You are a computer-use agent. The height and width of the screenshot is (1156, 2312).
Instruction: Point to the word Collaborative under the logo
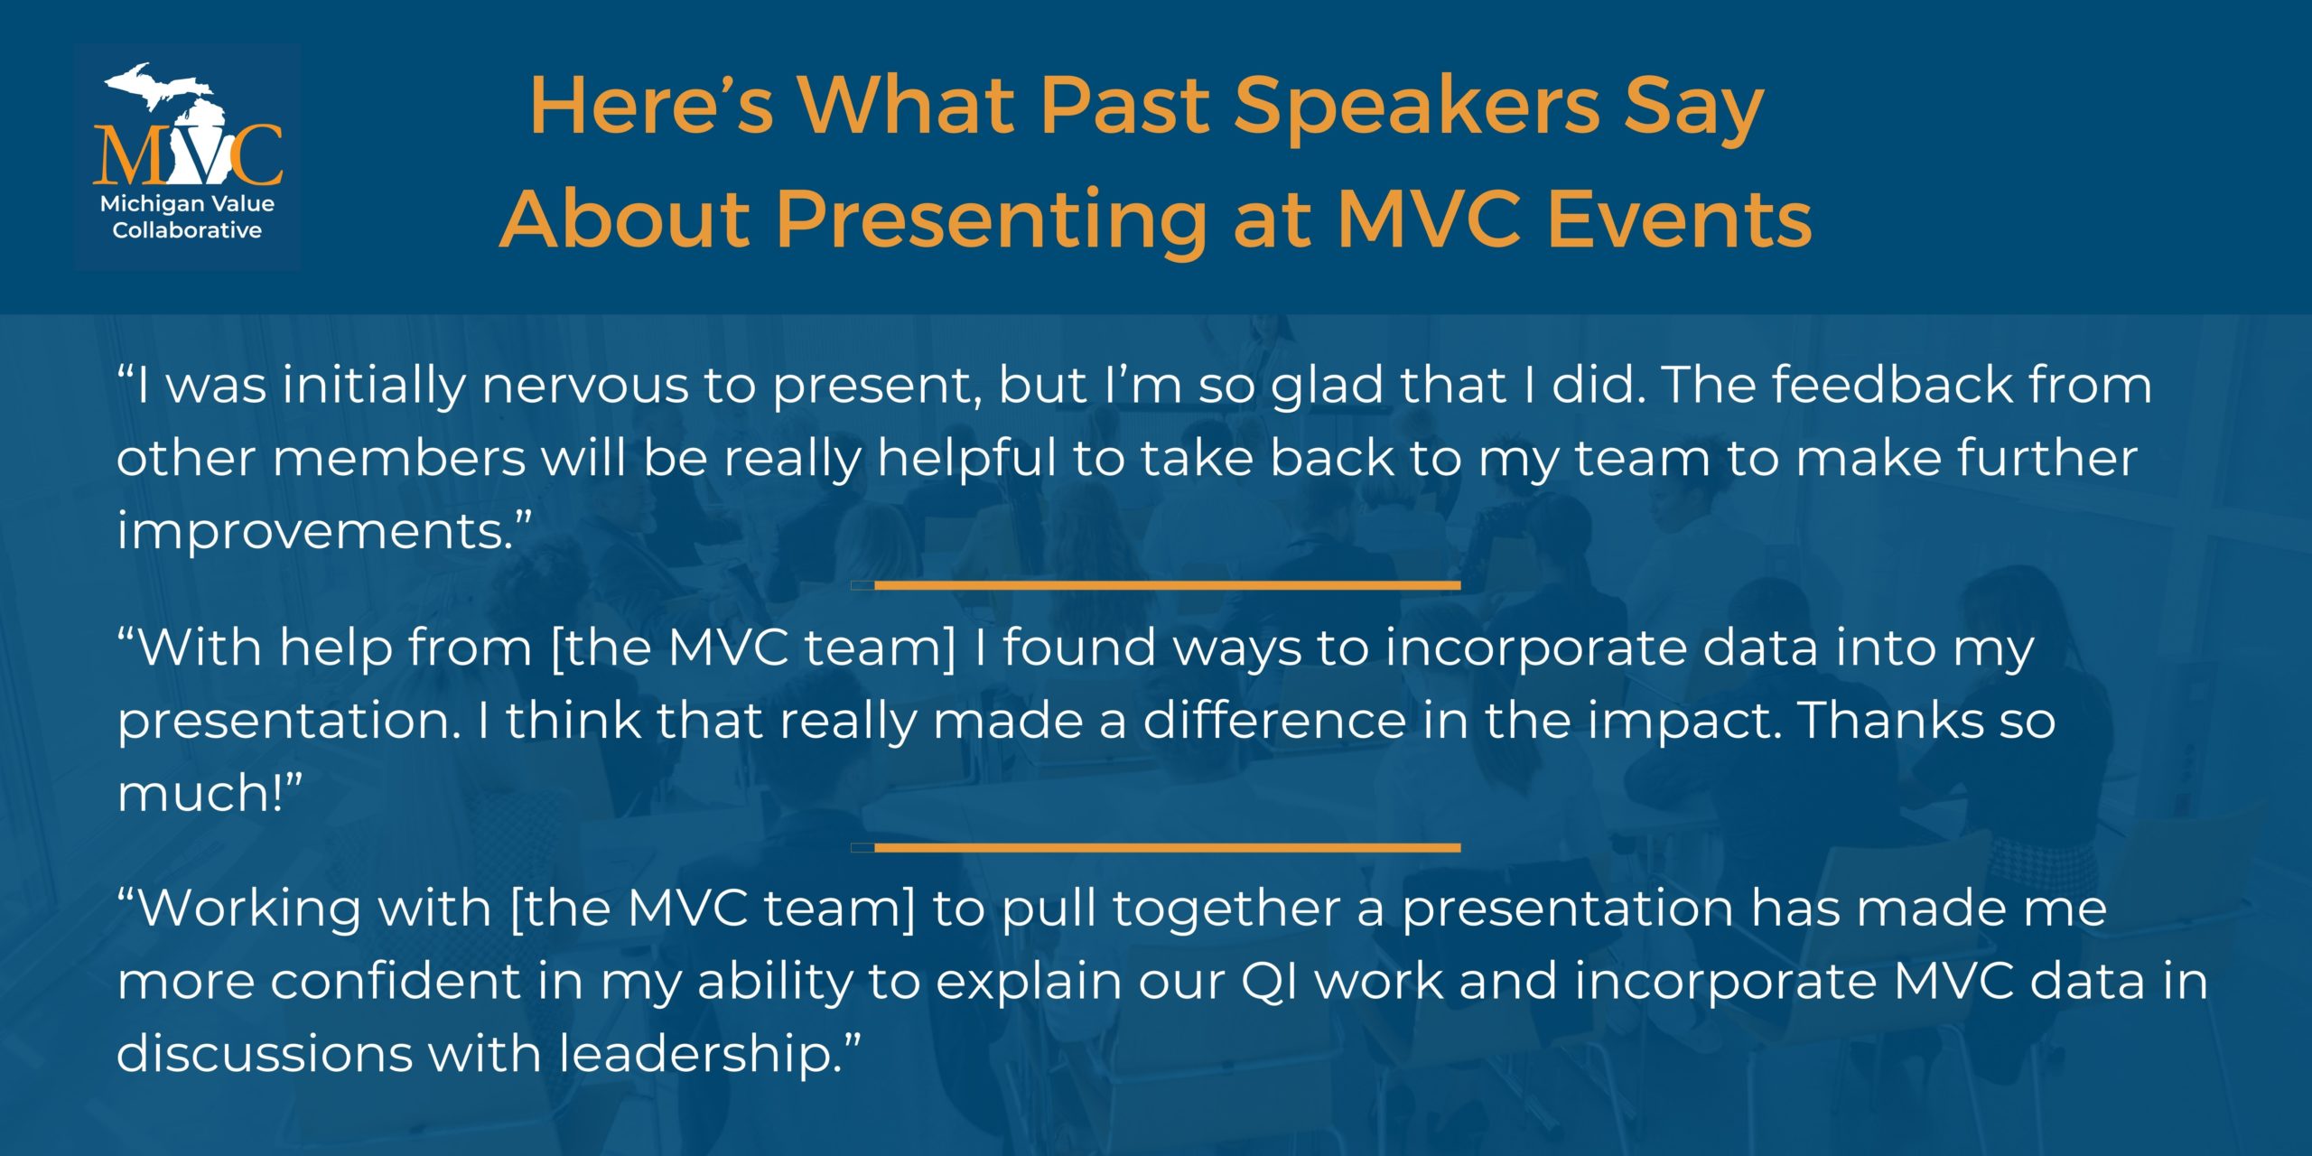tap(187, 230)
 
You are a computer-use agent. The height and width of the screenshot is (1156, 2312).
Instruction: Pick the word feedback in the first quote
tap(1891, 385)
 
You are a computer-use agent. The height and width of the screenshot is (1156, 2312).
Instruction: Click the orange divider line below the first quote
tap(1156, 586)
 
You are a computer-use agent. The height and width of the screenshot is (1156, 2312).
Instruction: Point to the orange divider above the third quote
tap(1156, 848)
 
